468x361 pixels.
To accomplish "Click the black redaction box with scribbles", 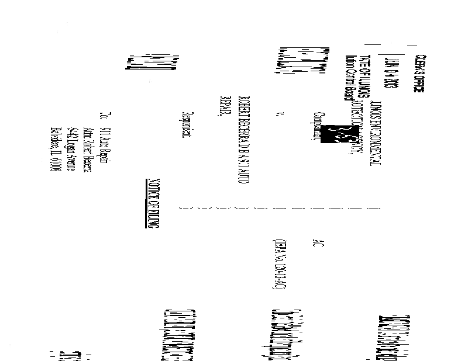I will coord(338,134).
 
